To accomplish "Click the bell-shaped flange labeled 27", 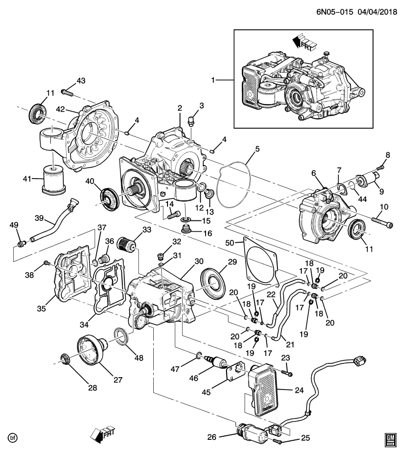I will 94,352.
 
